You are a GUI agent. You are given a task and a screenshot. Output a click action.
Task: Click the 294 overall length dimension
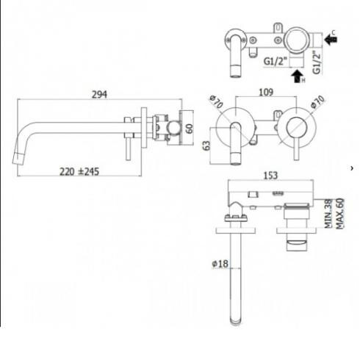100,94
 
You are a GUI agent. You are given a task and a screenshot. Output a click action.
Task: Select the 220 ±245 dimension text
79,172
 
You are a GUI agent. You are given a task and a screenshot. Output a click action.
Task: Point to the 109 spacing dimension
266,93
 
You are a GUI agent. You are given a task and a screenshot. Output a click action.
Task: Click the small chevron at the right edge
352,169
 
